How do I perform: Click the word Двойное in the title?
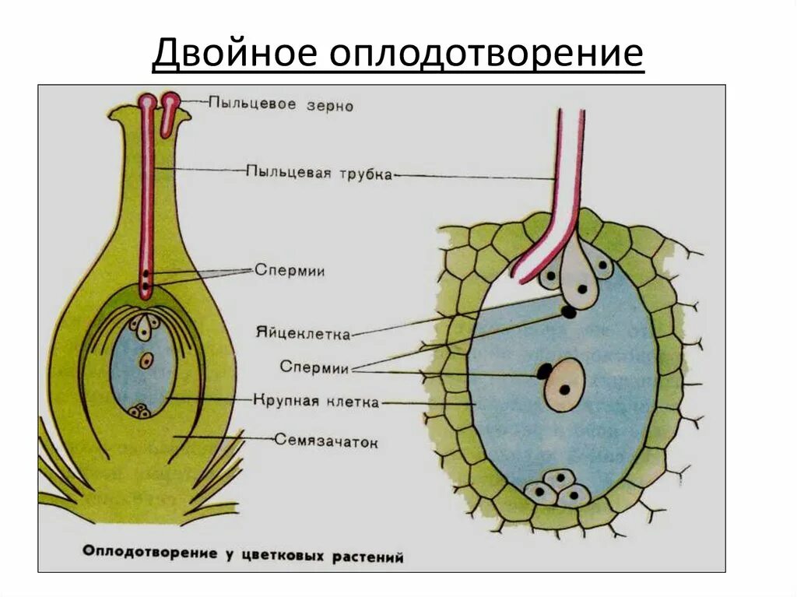(233, 54)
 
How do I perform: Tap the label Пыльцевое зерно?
(280, 104)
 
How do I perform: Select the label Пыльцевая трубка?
(318, 172)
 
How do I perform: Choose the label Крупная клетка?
(316, 402)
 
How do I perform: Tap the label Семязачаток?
(326, 441)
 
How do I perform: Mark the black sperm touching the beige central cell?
(544, 372)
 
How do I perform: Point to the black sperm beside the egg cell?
(570, 313)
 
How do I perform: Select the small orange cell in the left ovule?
(146, 360)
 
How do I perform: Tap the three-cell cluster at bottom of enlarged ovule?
(557, 488)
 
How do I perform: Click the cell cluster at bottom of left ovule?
(140, 410)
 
